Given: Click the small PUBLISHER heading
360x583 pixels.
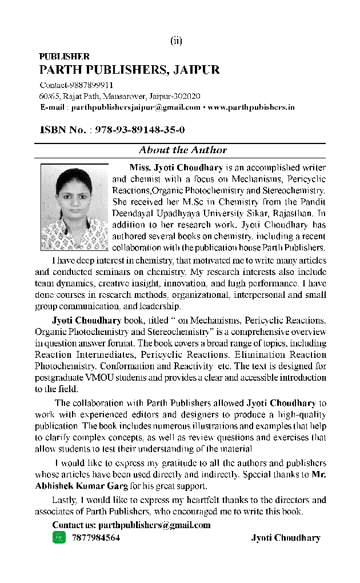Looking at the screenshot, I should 64,57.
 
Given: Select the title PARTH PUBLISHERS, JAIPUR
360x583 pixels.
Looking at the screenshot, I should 129,70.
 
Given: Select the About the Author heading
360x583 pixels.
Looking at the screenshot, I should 182,150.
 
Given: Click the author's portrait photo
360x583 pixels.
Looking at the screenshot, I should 75,207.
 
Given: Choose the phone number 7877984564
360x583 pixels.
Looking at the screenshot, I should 96,538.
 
